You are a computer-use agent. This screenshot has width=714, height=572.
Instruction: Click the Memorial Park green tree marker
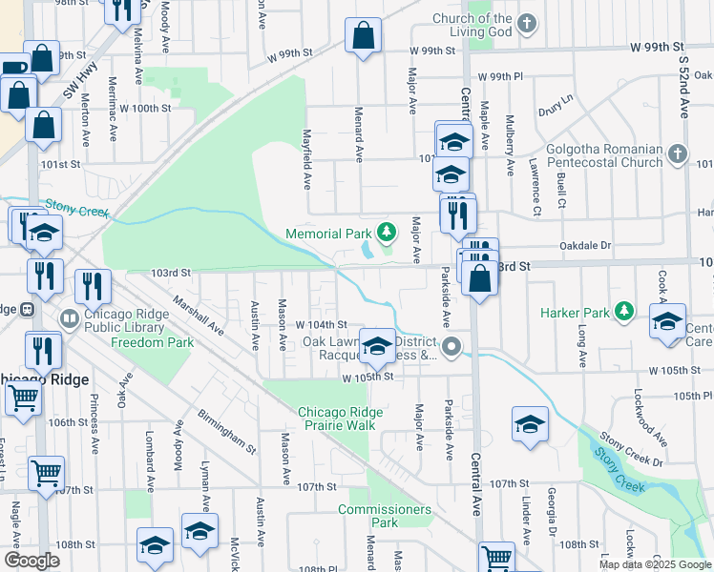[x=386, y=232]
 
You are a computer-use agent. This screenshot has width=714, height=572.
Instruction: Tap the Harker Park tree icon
[x=624, y=311]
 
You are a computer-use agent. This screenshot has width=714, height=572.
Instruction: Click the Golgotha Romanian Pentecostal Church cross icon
[x=677, y=153]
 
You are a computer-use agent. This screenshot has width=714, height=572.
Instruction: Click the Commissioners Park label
[x=384, y=516]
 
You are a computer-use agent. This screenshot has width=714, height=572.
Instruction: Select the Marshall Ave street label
[x=199, y=315]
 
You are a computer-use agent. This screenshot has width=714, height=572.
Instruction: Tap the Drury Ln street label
[x=555, y=98]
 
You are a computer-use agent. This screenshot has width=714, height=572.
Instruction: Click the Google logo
[x=32, y=561]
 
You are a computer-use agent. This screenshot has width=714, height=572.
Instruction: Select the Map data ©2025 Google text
[x=654, y=564]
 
